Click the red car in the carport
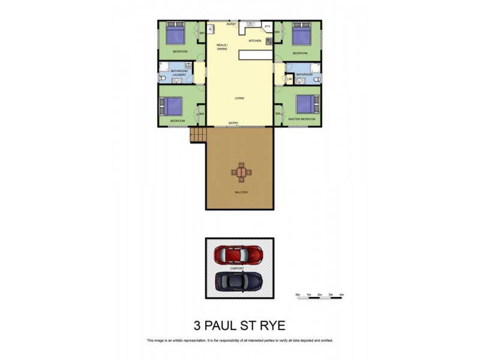(x=238, y=254)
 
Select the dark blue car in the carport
(x=239, y=281)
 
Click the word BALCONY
(x=241, y=192)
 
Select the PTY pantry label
(x=268, y=27)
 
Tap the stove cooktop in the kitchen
(x=269, y=41)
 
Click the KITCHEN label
(x=255, y=40)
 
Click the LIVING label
(x=239, y=98)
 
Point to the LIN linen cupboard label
(x=289, y=79)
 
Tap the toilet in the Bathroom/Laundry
(x=163, y=79)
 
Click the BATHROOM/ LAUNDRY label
(x=179, y=73)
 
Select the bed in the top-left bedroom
(x=175, y=34)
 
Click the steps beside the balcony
(x=197, y=135)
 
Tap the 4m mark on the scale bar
(x=341, y=295)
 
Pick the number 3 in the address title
(x=197, y=326)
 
